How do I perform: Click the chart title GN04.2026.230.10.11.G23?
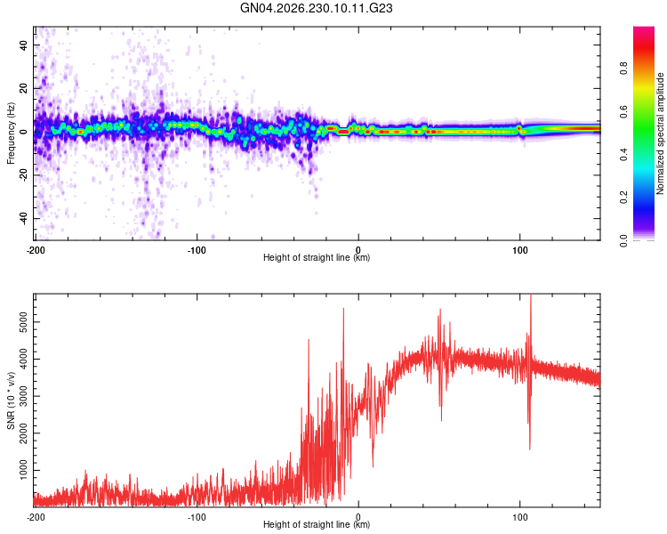point(316,8)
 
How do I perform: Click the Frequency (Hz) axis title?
point(11,133)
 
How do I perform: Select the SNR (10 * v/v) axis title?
point(11,400)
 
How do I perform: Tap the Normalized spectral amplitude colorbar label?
point(660,133)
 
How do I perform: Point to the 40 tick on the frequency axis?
point(23,44)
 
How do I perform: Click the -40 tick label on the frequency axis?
point(23,218)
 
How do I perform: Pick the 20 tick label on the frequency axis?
point(23,88)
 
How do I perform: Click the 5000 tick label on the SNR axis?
point(23,322)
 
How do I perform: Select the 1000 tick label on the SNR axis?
point(23,470)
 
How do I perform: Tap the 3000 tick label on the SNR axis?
point(23,396)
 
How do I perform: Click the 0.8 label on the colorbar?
point(623,69)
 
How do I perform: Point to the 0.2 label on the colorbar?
point(623,198)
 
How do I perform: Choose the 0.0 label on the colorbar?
point(623,240)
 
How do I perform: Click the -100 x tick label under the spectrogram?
point(197,250)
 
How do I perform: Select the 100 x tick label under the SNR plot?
point(520,517)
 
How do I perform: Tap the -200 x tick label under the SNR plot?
point(36,517)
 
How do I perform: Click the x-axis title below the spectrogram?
point(317,257)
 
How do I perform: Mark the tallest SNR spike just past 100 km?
point(531,295)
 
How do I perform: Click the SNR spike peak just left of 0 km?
point(343,309)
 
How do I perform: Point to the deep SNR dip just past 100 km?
point(530,449)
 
